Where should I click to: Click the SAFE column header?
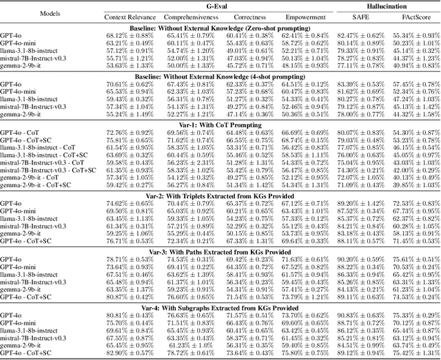tap(356, 16)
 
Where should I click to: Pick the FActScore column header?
tap(411, 16)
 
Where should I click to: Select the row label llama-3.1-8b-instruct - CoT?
tap(41, 149)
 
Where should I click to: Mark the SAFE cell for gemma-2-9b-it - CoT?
tap(356, 177)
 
